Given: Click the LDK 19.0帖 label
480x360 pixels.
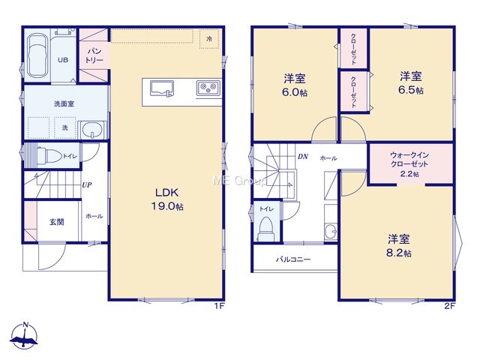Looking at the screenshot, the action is (167, 199).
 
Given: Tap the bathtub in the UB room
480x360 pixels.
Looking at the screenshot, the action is (37, 55).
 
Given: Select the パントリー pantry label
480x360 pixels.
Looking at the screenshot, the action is (94, 55).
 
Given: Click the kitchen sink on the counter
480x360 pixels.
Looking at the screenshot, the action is (162, 88).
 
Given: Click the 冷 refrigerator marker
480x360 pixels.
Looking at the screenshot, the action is (209, 39).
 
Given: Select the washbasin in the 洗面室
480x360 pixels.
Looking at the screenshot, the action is (93, 130).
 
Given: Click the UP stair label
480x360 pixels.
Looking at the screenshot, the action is (87, 185).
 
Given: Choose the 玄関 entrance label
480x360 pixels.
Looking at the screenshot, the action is (57, 222).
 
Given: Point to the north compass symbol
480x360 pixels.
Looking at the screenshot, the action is (24, 335).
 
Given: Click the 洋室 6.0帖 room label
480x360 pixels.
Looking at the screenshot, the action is (295, 85).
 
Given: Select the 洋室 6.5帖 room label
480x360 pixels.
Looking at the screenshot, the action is (411, 82).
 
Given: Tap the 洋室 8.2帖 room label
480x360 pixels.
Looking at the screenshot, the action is (399, 245).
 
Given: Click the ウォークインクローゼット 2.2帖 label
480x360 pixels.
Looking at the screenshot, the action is (409, 164).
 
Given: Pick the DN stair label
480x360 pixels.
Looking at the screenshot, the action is (303, 157).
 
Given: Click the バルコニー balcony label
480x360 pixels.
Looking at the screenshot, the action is (293, 259).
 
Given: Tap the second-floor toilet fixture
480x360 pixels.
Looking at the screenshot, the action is (265, 229).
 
